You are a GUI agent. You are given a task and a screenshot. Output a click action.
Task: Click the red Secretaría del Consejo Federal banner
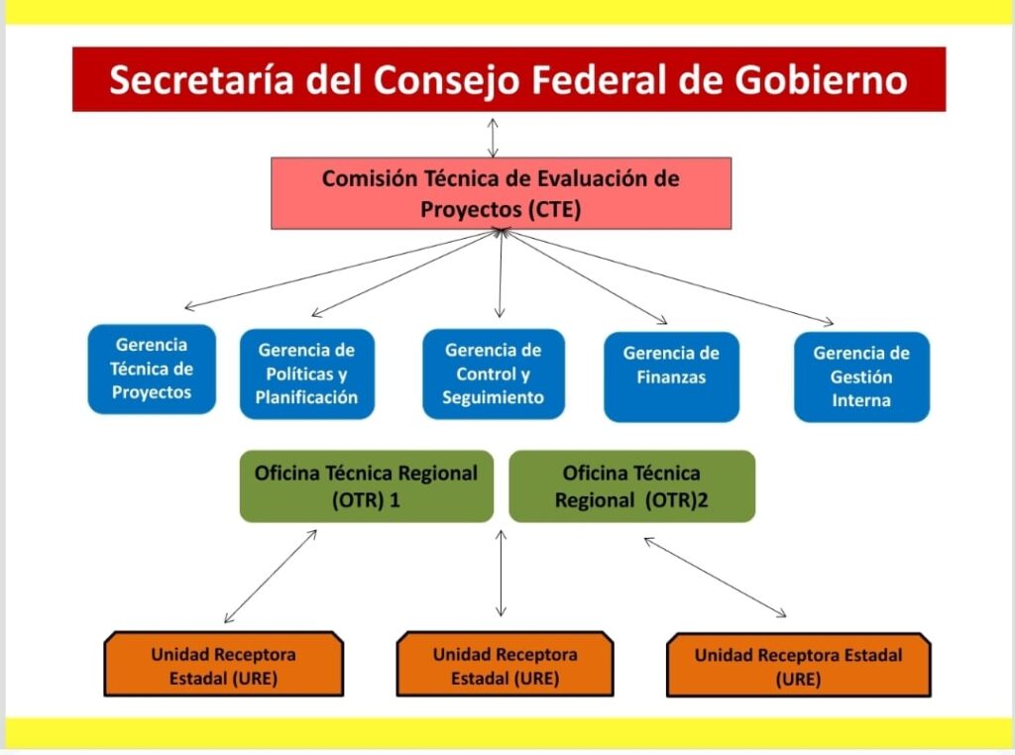coord(508,79)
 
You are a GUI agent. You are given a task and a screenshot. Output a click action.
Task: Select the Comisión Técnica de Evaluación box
coord(501,193)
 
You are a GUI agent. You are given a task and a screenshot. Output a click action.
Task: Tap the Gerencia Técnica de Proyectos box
coord(152,369)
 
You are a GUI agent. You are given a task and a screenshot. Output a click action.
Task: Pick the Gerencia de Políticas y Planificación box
coord(306,374)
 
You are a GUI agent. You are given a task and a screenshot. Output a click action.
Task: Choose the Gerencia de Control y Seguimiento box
coord(493,374)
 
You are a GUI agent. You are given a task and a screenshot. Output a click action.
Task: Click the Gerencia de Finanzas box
coord(671,377)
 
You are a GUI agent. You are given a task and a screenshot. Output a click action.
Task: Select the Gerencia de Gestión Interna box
coord(861,377)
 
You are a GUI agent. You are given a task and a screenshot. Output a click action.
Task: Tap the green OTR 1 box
coord(366,485)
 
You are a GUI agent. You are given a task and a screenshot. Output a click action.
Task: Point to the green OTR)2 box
coord(631,485)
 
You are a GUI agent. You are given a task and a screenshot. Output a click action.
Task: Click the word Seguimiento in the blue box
coord(493,397)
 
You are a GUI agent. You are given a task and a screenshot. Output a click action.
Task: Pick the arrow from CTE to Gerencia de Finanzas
coord(585,277)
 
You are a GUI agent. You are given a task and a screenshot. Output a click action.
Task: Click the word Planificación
coord(306,397)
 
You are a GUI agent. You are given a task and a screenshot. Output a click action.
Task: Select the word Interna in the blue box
coord(861,400)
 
